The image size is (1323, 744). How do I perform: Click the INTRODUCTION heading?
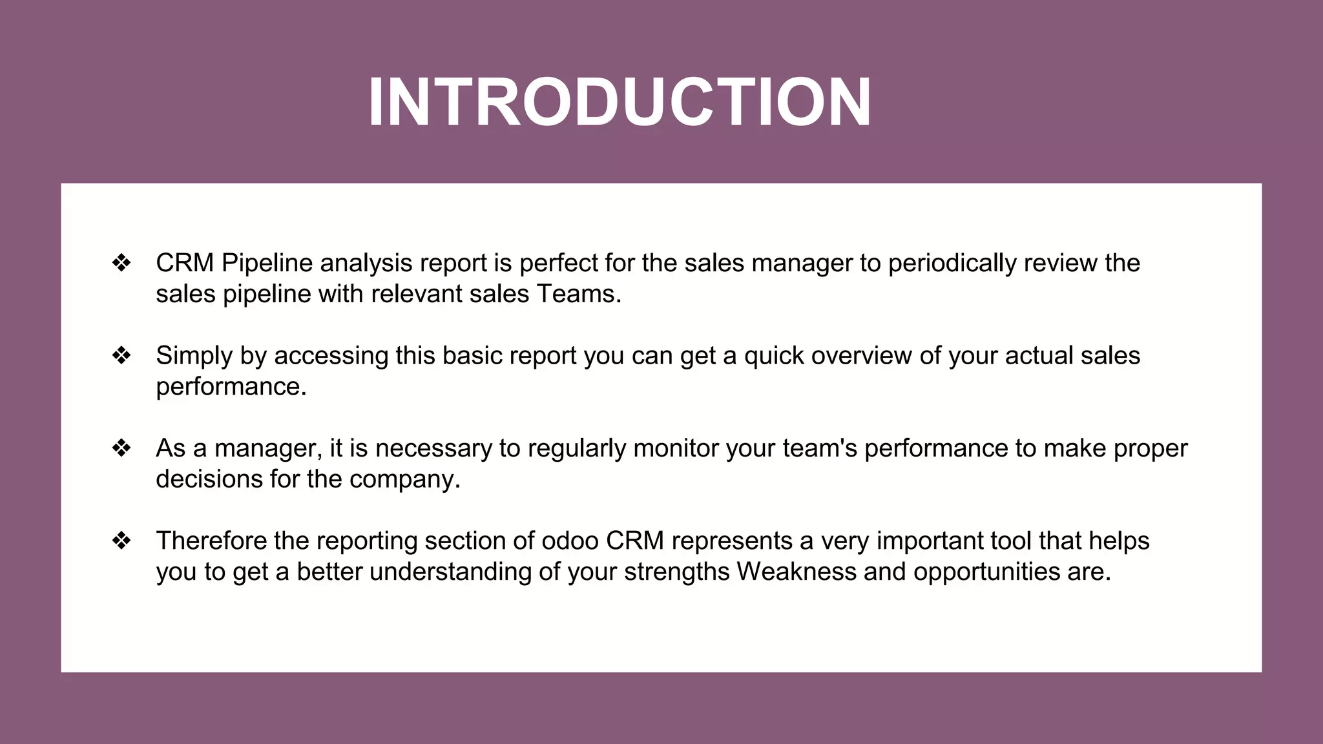click(620, 103)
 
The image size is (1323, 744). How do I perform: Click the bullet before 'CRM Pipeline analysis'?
click(121, 263)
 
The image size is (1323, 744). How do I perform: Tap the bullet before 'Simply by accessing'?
click(121, 355)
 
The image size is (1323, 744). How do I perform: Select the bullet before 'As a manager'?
click(121, 448)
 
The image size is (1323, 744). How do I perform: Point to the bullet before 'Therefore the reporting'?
click(121, 541)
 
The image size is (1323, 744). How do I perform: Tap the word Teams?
click(578, 294)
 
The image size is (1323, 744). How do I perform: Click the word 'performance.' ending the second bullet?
click(231, 387)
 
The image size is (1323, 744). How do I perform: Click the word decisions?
click(209, 479)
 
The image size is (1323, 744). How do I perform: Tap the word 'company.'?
click(404, 479)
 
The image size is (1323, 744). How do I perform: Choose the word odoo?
click(570, 541)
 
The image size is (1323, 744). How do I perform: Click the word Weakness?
click(796, 572)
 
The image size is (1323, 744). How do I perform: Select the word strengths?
click(676, 572)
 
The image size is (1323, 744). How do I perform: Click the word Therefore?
click(211, 541)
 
